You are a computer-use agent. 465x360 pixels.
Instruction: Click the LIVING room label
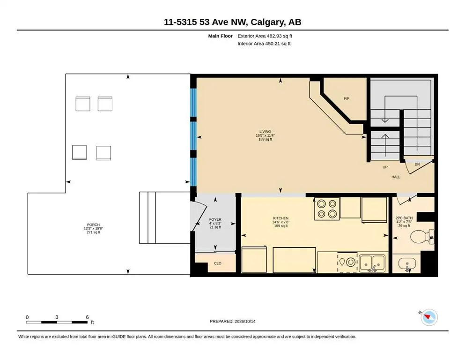[265, 131]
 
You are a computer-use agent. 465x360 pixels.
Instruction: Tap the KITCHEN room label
[280, 218]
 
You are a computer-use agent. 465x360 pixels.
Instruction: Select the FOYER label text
[215, 220]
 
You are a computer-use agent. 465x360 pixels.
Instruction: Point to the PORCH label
[93, 225]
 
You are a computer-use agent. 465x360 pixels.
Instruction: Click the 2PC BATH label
[404, 218]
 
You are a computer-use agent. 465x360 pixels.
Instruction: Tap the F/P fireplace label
[347, 98]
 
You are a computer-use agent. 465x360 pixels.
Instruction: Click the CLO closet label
[218, 263]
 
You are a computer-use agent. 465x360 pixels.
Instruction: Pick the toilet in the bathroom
[422, 237]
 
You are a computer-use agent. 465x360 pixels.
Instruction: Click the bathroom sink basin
[407, 263]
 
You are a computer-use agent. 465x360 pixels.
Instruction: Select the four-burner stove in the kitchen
[327, 209]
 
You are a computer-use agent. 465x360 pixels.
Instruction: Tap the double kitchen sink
[372, 263]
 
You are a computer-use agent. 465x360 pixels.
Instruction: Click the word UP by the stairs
[385, 167]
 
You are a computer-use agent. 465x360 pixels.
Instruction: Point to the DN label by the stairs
[417, 164]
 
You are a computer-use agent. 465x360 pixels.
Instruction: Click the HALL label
[396, 177]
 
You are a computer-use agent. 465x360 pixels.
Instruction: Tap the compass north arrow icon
[429, 317]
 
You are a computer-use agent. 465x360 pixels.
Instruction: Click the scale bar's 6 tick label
[87, 317]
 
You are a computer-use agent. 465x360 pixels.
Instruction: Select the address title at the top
[232, 22]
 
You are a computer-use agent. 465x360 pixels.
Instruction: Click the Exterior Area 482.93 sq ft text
[265, 36]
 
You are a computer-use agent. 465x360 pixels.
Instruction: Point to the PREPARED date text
[232, 321]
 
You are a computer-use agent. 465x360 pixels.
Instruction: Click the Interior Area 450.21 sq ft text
[264, 44]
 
